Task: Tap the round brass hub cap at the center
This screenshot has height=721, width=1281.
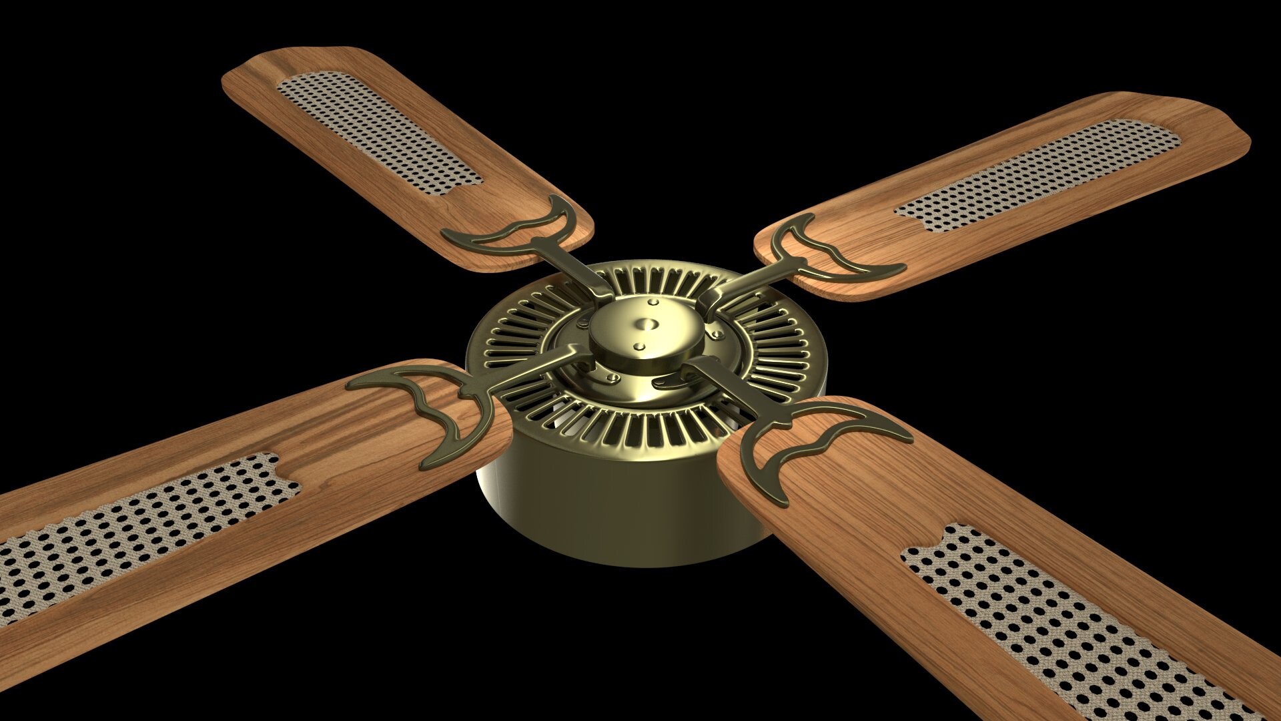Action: pos(645,334)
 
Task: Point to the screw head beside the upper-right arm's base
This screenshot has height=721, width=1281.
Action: pos(716,334)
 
